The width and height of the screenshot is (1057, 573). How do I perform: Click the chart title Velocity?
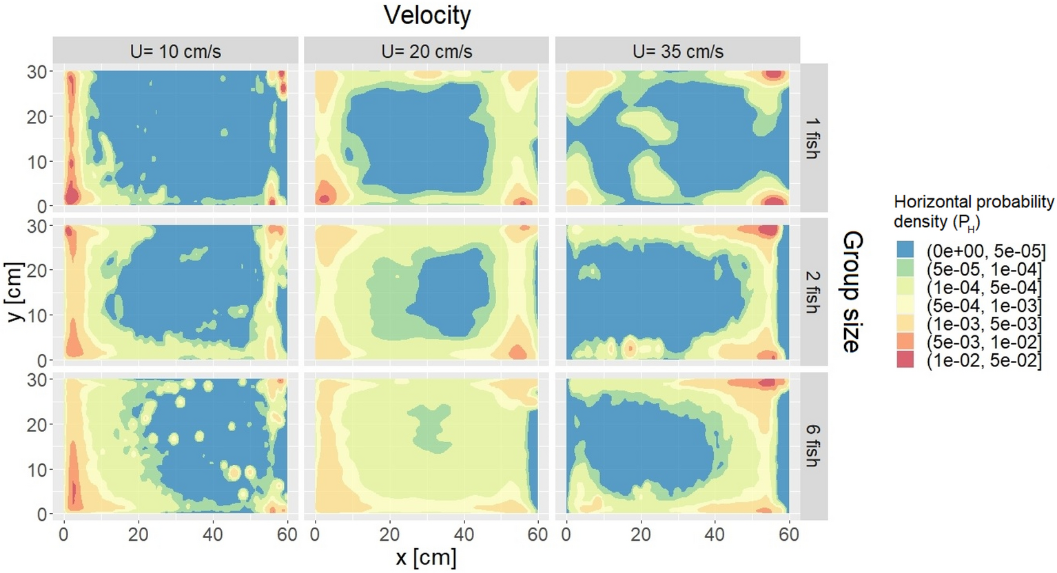427,15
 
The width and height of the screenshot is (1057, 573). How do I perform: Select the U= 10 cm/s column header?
176,52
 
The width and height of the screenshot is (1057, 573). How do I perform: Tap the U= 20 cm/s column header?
427,52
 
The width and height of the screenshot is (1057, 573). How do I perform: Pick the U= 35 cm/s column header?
678,52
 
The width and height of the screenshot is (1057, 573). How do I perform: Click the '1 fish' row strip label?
813,138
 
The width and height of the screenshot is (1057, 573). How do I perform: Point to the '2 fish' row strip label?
813,292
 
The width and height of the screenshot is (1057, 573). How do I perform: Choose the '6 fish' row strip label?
813,446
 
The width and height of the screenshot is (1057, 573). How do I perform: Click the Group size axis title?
852,292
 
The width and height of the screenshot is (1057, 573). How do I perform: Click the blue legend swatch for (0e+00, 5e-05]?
905,250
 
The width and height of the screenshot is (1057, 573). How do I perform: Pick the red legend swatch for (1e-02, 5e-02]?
905,359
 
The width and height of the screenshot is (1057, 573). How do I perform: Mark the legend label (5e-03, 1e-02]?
985,342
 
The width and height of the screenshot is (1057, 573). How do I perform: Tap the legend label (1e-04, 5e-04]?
985,287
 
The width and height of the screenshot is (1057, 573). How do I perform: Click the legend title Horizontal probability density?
973,211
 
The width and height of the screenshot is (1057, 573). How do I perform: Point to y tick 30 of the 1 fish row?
37,72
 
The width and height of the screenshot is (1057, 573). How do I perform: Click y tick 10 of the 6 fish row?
37,470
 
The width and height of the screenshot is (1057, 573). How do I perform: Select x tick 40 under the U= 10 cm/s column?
213,534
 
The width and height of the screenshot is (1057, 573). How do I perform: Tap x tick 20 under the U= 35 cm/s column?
641,534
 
